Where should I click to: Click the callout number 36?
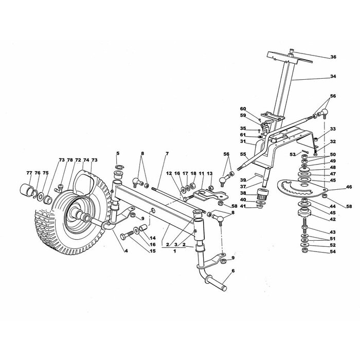click(x=333, y=57)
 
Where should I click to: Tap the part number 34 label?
click(x=333, y=76)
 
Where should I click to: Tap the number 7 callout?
click(x=167, y=154)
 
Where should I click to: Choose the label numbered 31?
click(x=243, y=141)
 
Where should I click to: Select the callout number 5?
click(x=117, y=154)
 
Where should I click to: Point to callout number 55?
click(x=243, y=153)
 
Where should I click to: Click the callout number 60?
click(x=243, y=109)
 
